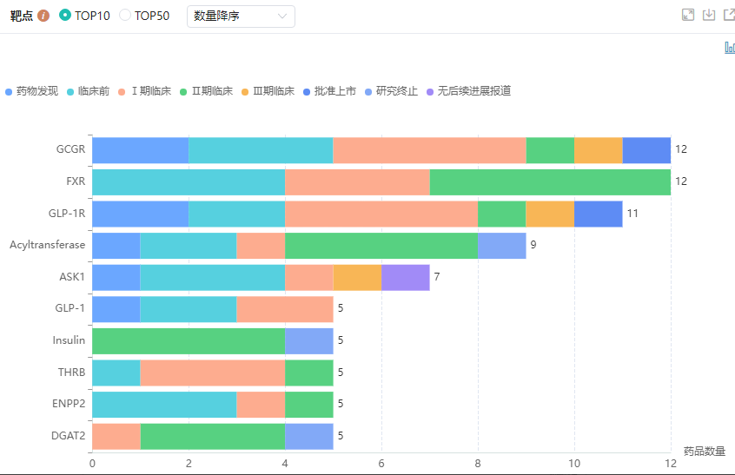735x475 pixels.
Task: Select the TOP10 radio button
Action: click(x=65, y=16)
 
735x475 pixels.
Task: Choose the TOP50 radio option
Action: click(x=125, y=16)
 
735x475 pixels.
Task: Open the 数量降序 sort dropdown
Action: click(x=241, y=16)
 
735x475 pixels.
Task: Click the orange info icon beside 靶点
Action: click(x=43, y=16)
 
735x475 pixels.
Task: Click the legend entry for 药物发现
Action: click(x=32, y=91)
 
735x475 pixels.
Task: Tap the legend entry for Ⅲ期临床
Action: click(x=268, y=91)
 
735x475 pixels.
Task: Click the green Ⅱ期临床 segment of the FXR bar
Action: click(x=550, y=182)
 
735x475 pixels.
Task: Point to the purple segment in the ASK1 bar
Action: click(x=406, y=278)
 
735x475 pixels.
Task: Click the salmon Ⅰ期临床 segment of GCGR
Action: click(x=429, y=150)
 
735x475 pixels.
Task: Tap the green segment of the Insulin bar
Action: click(x=189, y=341)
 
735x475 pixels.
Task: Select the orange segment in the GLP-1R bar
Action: click(x=550, y=214)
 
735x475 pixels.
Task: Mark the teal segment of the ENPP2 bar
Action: click(x=164, y=405)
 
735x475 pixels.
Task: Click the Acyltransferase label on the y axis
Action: click(x=48, y=245)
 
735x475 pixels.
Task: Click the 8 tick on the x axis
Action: click(x=478, y=463)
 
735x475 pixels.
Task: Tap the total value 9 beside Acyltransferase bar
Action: click(x=533, y=246)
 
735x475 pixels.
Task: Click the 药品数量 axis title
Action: click(x=704, y=452)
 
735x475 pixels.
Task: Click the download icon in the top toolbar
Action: click(x=709, y=15)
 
